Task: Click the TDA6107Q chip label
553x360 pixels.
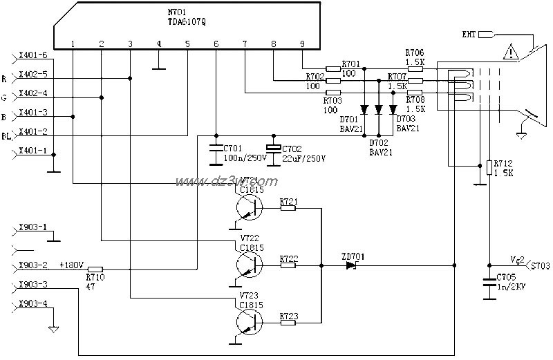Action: (x=185, y=21)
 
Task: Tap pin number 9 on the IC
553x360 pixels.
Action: (x=302, y=44)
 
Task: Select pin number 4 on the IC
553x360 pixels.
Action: (x=158, y=44)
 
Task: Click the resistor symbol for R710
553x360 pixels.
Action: (x=95, y=269)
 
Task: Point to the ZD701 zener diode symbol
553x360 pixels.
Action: (x=351, y=265)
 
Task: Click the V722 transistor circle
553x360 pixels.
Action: (x=247, y=264)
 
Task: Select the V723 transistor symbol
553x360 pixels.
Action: (x=247, y=321)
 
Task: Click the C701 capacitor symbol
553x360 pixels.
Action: (x=216, y=148)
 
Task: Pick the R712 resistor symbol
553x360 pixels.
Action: (x=489, y=167)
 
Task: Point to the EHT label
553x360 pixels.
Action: (x=469, y=34)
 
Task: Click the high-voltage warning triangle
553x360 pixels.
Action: (x=511, y=52)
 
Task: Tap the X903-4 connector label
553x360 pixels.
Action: (x=33, y=303)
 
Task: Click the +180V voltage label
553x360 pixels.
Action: (x=71, y=265)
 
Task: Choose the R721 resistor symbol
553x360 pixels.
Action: (x=288, y=207)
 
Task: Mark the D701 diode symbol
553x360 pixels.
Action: (x=364, y=109)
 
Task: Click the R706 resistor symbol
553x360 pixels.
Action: (x=415, y=68)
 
